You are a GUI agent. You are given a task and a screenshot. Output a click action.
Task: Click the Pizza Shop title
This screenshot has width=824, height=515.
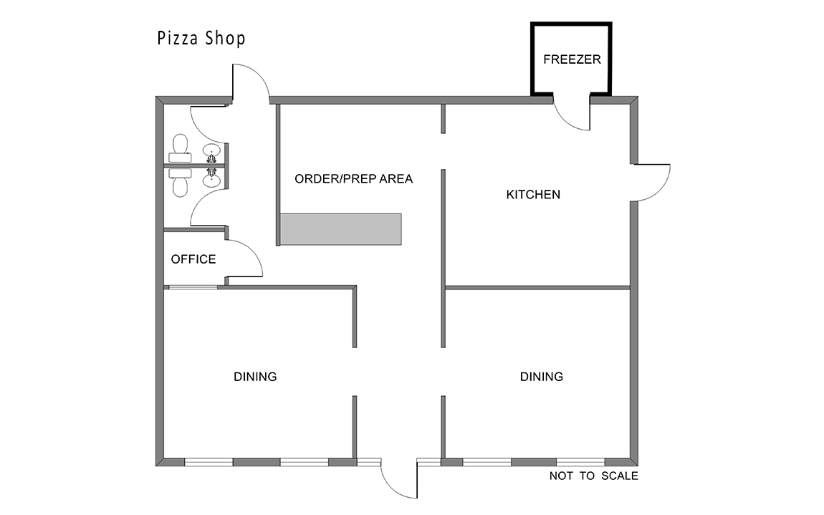click(201, 39)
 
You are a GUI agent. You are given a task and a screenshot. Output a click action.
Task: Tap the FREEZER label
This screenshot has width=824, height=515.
click(572, 59)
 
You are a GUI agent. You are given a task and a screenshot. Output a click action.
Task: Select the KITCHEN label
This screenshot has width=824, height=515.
click(533, 194)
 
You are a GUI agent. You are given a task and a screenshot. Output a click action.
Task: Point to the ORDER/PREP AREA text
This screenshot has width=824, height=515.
click(354, 178)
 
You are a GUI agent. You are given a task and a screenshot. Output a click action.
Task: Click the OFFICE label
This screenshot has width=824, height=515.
click(193, 259)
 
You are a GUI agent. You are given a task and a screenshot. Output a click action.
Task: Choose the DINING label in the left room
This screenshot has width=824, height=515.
click(255, 376)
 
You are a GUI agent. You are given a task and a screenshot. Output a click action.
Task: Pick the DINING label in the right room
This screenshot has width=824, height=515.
click(541, 376)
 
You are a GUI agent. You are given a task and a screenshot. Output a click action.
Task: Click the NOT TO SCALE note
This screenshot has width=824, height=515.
click(594, 476)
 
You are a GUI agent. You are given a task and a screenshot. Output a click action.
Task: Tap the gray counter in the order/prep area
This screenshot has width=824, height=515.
click(340, 229)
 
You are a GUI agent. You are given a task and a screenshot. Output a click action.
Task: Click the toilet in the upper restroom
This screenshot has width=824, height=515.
click(181, 148)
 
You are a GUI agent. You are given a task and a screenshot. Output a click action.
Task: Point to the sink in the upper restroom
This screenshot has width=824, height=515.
click(212, 153)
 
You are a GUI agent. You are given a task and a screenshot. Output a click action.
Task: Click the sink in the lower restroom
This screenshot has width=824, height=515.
click(212, 178)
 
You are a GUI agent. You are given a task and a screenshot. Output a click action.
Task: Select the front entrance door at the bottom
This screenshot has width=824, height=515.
click(393, 486)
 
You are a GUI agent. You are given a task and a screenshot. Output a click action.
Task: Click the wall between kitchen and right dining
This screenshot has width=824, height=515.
click(537, 288)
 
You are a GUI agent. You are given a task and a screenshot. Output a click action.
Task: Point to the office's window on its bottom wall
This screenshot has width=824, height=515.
click(193, 287)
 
